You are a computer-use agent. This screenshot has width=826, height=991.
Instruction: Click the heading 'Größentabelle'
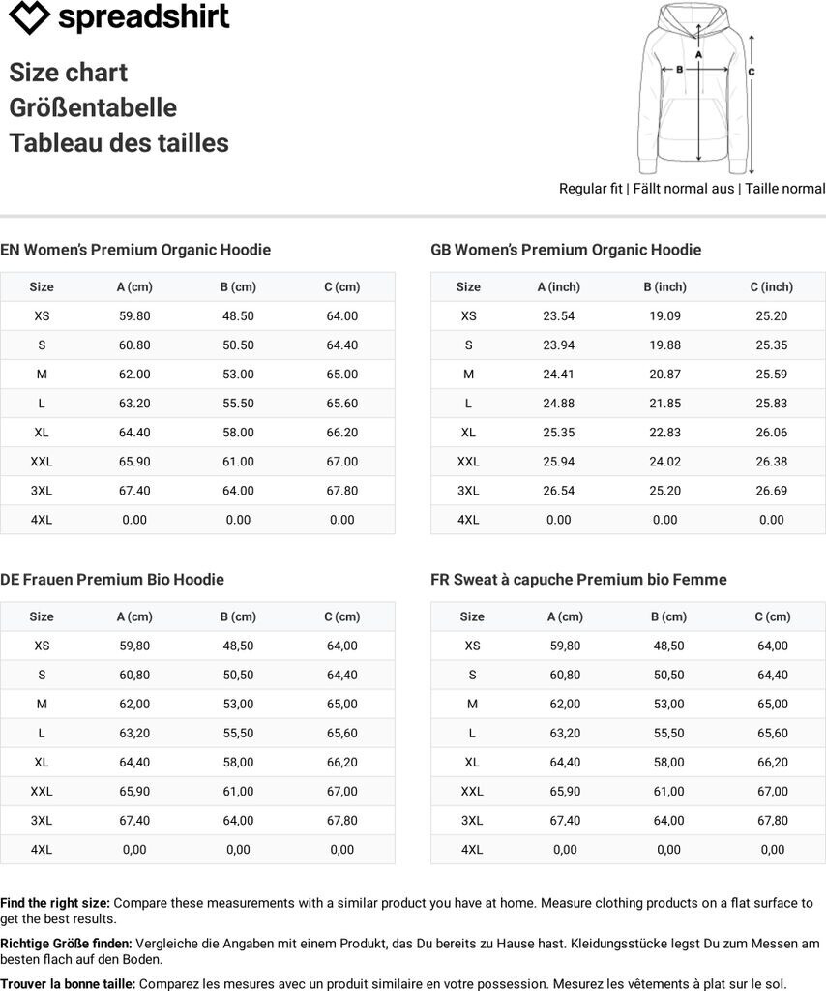click(x=93, y=107)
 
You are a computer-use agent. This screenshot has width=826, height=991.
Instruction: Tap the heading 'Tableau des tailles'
click(x=119, y=143)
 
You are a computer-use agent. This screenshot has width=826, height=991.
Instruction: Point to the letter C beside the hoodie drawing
click(x=752, y=72)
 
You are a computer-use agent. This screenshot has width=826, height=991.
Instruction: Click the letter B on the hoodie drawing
click(x=679, y=69)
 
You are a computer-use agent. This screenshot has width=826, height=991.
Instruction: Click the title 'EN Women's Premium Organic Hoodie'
click(x=135, y=250)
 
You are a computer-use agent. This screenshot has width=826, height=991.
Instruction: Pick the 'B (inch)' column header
click(x=664, y=286)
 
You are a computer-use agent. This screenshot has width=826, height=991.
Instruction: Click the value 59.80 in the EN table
click(x=134, y=315)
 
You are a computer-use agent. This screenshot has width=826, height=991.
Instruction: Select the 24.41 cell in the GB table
click(x=558, y=374)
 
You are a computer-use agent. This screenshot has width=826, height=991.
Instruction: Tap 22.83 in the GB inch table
click(x=664, y=432)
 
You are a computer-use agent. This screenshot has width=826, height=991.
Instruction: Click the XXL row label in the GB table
click(x=468, y=462)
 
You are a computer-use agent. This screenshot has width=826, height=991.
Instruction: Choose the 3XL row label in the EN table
click(x=42, y=491)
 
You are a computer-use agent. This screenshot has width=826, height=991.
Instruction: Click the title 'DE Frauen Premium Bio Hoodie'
click(x=112, y=580)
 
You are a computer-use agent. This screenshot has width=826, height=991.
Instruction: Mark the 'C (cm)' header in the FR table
click(x=773, y=616)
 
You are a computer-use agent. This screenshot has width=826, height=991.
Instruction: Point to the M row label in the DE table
click(x=42, y=704)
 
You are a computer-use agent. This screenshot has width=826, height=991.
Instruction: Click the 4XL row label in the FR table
click(x=472, y=850)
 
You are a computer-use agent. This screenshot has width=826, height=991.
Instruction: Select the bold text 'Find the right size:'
click(x=55, y=903)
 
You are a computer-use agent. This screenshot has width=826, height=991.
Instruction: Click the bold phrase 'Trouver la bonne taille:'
click(x=68, y=983)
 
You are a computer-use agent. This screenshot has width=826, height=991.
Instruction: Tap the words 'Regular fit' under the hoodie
click(x=590, y=189)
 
